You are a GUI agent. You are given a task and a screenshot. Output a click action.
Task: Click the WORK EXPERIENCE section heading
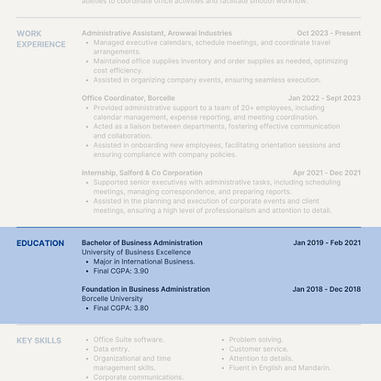[x=40, y=39]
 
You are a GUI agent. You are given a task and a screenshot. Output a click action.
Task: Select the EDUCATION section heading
[x=40, y=243]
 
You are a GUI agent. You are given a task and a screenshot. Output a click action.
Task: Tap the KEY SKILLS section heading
[x=39, y=341]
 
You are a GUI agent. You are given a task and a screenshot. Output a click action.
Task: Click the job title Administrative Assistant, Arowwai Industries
[x=156, y=33]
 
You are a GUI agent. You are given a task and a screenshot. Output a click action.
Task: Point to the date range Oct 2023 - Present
[x=329, y=33]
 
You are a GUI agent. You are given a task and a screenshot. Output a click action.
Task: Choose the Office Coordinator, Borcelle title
[x=128, y=98]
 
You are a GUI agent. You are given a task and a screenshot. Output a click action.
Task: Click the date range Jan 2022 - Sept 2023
[x=324, y=98]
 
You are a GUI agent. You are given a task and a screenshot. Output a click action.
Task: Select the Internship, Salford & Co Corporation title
[x=142, y=173]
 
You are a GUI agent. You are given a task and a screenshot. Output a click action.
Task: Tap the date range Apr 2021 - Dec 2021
[x=327, y=173]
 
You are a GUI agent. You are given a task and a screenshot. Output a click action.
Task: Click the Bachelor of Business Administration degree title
[x=141, y=243]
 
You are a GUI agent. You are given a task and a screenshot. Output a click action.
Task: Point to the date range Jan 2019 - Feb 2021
[x=327, y=243]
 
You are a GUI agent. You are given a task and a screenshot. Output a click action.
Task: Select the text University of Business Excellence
[x=136, y=252]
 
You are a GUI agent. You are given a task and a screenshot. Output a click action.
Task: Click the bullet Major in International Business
[x=144, y=262]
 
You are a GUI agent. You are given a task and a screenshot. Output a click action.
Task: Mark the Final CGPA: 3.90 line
[x=121, y=271]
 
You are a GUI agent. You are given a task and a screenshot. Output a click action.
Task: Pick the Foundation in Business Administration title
[x=145, y=289]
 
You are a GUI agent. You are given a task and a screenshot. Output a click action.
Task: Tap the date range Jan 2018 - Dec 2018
[x=327, y=289]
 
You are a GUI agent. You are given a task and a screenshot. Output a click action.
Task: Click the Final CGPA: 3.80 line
[x=121, y=308]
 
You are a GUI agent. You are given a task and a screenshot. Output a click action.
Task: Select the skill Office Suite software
[x=129, y=340]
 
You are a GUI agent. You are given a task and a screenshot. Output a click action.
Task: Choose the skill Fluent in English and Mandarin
[x=279, y=368]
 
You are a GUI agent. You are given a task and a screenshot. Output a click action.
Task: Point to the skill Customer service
[x=260, y=349]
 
